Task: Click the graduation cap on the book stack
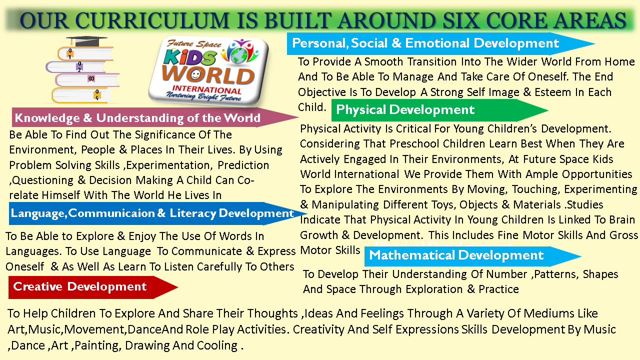[x=86, y=41]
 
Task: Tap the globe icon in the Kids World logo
[x=240, y=53]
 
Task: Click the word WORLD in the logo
[x=208, y=75]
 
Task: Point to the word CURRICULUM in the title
[x=152, y=20]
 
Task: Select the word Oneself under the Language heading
[x=25, y=267]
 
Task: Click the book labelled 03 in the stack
[x=87, y=79]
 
